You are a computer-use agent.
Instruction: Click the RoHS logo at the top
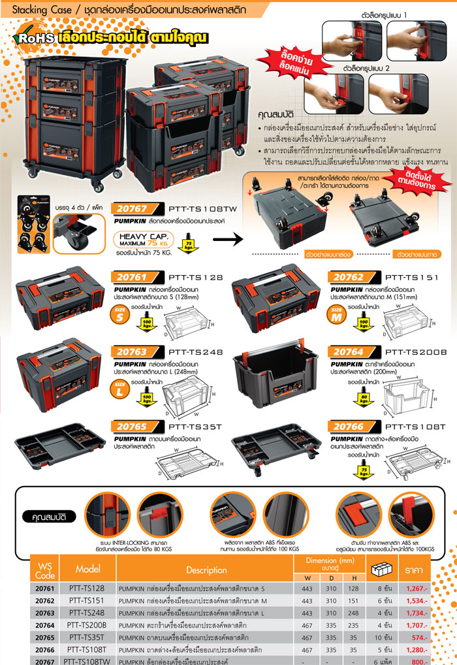tap(35, 39)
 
